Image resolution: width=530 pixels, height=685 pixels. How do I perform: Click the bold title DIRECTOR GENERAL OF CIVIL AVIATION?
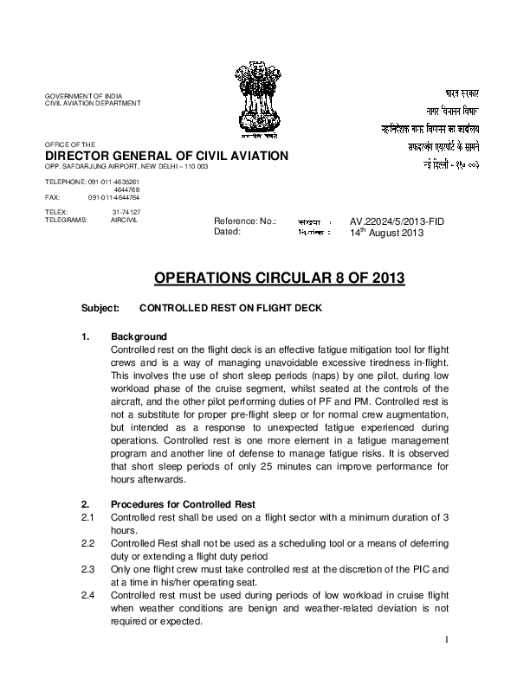click(x=166, y=155)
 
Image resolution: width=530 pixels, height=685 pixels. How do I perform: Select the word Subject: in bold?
click(x=100, y=307)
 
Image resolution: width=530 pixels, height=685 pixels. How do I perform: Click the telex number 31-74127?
click(x=126, y=211)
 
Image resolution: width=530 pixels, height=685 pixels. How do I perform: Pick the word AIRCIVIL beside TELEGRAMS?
click(x=125, y=219)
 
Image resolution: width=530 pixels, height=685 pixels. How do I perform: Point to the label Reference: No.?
click(x=245, y=221)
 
